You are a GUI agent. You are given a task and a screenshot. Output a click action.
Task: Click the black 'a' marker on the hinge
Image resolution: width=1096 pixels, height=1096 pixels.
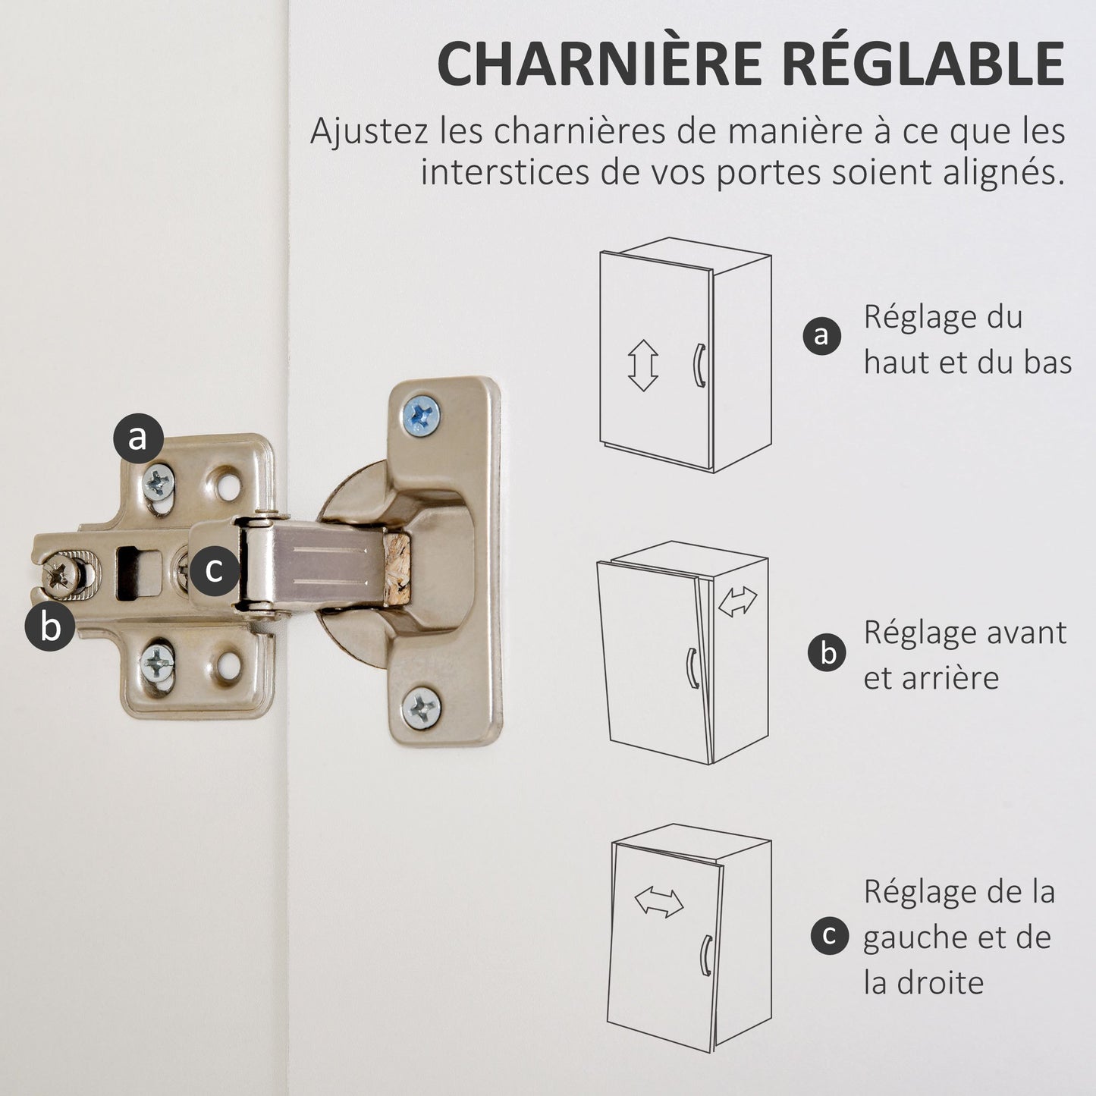(x=138, y=438)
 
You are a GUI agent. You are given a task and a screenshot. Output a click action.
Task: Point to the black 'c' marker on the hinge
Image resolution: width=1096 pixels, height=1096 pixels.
(x=215, y=570)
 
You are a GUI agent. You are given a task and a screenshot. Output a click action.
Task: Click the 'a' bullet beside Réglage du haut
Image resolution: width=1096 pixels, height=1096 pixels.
(x=822, y=336)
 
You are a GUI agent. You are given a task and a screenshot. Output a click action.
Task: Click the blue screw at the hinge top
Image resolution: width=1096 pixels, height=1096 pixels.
(x=421, y=416)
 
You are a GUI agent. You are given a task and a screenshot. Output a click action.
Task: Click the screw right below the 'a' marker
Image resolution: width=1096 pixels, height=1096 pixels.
(x=158, y=483)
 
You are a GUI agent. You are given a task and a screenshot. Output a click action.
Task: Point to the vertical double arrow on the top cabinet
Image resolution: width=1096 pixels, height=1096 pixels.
(x=643, y=365)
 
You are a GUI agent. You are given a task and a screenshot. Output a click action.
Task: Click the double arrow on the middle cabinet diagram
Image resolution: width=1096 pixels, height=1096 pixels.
(x=738, y=602)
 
